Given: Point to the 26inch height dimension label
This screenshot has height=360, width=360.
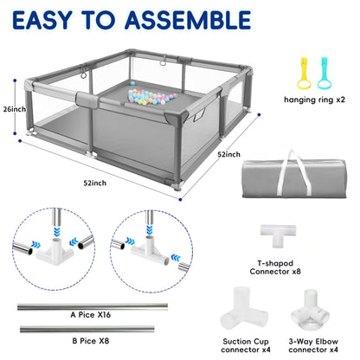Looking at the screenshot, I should (14, 110).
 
